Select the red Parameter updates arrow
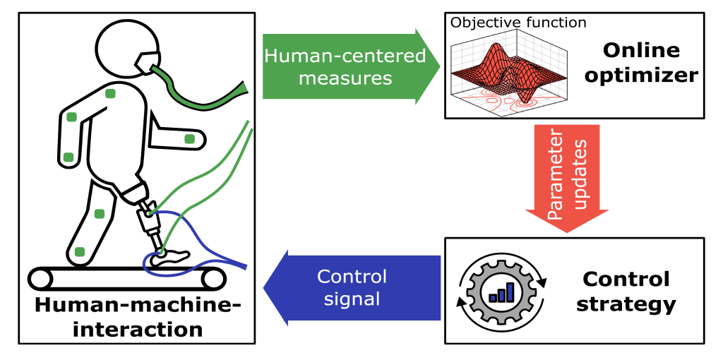tap(567, 176)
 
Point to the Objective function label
tap(518, 22)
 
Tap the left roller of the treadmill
tap(41, 279)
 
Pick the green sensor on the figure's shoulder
tap(110, 93)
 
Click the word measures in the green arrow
tap(345, 78)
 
